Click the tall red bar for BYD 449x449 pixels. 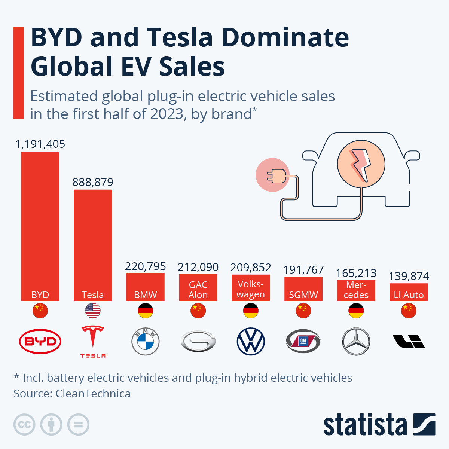pos(40,224)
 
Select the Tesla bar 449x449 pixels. pos(93,243)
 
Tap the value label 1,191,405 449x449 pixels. pos(40,144)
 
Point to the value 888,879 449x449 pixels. pos(93,182)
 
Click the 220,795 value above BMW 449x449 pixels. pos(145,266)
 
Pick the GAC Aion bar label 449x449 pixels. pos(198,290)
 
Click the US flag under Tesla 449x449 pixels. pos(93,311)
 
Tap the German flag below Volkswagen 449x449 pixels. pos(251,311)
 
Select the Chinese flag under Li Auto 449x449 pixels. pos(409,311)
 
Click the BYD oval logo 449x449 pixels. pos(40,341)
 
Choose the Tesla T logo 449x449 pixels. pos(93,339)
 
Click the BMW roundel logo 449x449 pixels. pos(146,342)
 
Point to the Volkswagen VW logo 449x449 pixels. pos(251,342)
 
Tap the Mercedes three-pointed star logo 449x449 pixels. pos(356,342)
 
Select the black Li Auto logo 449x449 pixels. pos(409,341)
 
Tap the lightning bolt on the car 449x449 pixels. pos(361,165)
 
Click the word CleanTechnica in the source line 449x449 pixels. pos(93,394)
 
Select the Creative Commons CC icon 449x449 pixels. pos(24,425)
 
